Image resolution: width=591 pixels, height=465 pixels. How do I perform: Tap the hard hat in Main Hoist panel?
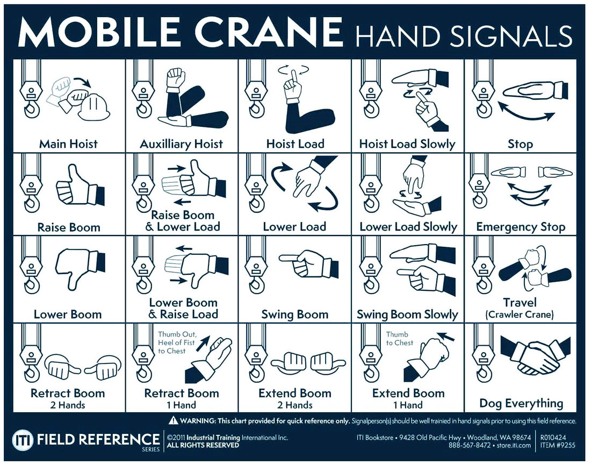pos(95,106)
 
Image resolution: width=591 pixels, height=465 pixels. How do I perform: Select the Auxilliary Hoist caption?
pos(181,144)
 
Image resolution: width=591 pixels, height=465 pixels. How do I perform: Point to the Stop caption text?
pos(520,144)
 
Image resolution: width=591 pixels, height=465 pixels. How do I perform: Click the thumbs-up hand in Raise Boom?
pos(75,183)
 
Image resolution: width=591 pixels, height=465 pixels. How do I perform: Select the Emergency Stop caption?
pos(520,227)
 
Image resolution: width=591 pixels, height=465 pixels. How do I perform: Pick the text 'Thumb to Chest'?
pos(400,338)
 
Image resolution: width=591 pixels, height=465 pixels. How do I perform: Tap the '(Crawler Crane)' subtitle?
pos(520,314)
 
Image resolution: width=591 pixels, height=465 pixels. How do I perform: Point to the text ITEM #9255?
pos(557,445)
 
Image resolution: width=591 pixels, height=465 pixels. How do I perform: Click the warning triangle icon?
pos(174,420)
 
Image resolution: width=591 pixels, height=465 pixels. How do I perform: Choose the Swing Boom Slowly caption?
pos(407,314)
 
